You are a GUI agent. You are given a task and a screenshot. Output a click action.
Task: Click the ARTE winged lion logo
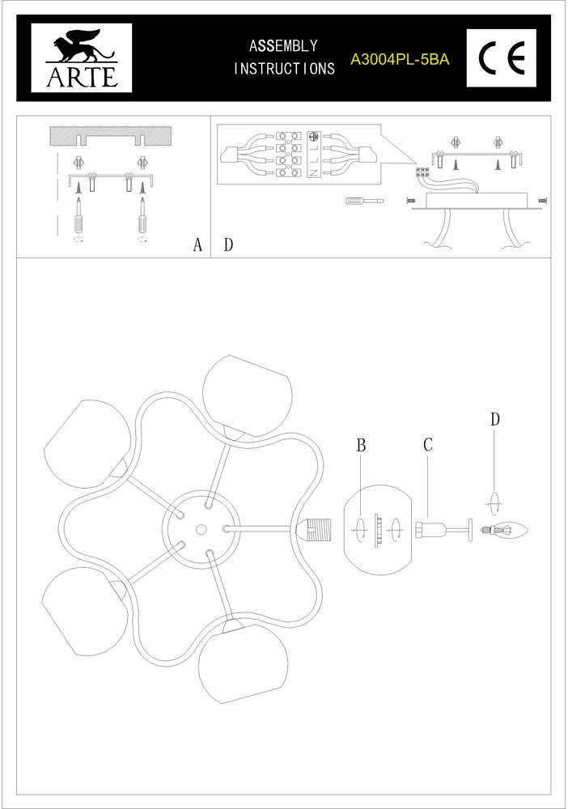click(x=82, y=57)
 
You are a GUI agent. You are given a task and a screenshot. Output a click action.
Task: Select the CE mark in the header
click(x=502, y=57)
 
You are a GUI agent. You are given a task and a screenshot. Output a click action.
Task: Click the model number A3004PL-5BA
click(x=400, y=60)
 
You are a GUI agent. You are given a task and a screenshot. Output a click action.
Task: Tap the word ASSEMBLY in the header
click(x=283, y=46)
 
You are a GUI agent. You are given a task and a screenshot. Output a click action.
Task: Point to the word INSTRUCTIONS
click(x=284, y=68)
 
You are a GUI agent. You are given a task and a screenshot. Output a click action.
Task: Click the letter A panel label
click(x=197, y=245)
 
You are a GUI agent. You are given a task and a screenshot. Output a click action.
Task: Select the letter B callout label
click(x=361, y=445)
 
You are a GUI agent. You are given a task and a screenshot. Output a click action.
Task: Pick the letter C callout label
click(x=428, y=444)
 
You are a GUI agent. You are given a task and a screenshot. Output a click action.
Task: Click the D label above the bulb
click(x=495, y=419)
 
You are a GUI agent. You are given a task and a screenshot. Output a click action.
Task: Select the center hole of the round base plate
click(x=201, y=529)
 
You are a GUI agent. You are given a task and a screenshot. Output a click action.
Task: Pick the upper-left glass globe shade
click(x=87, y=443)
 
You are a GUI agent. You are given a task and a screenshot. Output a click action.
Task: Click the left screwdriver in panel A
click(x=79, y=217)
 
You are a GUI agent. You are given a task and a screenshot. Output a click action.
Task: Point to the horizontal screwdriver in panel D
click(x=365, y=200)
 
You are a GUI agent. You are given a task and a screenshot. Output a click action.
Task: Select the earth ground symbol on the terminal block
click(x=312, y=137)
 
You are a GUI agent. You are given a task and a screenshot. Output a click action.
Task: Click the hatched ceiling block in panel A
click(x=110, y=136)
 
